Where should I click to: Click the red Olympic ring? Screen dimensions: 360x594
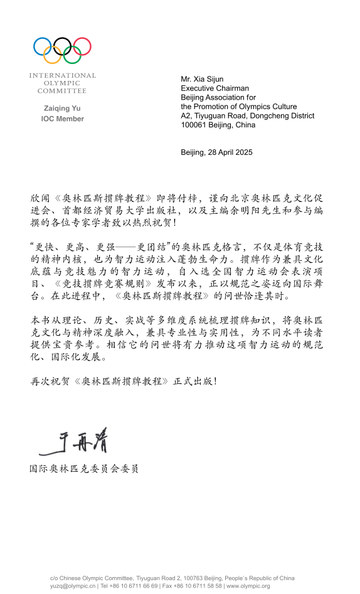[x=82, y=46]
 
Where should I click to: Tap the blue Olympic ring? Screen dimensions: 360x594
[x=43, y=46]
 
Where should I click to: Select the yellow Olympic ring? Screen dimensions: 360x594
[x=53, y=55]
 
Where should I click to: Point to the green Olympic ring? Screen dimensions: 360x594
[x=72, y=55]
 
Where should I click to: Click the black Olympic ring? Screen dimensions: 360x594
[x=62, y=46]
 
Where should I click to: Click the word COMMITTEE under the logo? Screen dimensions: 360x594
[x=62, y=91]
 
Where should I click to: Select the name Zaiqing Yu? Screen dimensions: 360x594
[x=61, y=108]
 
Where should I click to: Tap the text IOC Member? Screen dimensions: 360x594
[x=62, y=119]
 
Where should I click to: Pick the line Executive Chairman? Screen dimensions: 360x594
[x=214, y=88]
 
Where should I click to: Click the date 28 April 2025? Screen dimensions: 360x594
[x=230, y=152]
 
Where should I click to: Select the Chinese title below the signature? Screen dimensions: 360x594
[x=84, y=469]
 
